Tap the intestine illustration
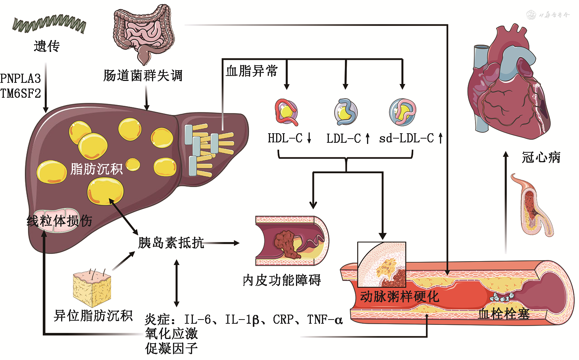coord(143,32)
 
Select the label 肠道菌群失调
coord(143,76)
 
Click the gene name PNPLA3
coord(20,79)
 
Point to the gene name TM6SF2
coord(20,94)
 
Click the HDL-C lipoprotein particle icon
coord(286,112)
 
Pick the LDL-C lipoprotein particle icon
coord(346,112)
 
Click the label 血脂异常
coord(252,71)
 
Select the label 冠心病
coord(541,157)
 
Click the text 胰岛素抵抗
coord(171,242)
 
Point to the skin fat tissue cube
coord(92,288)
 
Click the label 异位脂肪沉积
coord(93,316)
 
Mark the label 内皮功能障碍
coord(282,280)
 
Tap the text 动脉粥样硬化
coord(399,297)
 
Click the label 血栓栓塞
coord(504,314)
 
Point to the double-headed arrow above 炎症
coord(176,283)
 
